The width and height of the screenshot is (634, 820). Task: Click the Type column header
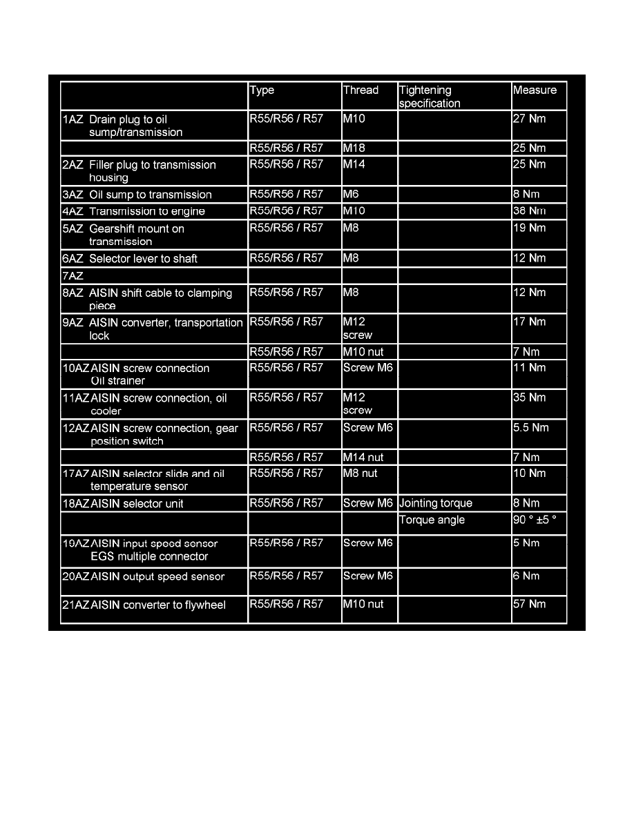point(262,90)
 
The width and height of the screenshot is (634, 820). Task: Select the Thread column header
point(361,90)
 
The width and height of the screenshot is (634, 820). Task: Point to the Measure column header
point(535,90)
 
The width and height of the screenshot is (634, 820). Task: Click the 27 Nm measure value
point(529,119)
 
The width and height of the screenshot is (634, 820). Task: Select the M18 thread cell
point(353,148)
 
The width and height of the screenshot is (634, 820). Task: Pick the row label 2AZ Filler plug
point(139,170)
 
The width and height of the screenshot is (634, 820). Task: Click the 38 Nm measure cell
point(529,211)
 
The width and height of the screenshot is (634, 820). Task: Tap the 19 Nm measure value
point(529,228)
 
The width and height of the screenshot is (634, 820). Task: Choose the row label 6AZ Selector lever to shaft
point(130,259)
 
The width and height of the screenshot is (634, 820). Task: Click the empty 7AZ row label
point(73,275)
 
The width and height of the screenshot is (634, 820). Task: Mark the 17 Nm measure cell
point(529,322)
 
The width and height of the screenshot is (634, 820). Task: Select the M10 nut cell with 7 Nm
point(363,352)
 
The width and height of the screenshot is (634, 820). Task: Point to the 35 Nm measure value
point(529,398)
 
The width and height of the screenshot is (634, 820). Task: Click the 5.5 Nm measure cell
point(530,428)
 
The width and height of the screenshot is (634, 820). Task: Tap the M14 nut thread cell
point(363,457)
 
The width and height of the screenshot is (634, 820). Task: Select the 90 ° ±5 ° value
point(534,520)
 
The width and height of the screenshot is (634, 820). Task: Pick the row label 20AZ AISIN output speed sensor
point(144,577)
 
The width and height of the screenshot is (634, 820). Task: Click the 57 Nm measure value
point(529,605)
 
